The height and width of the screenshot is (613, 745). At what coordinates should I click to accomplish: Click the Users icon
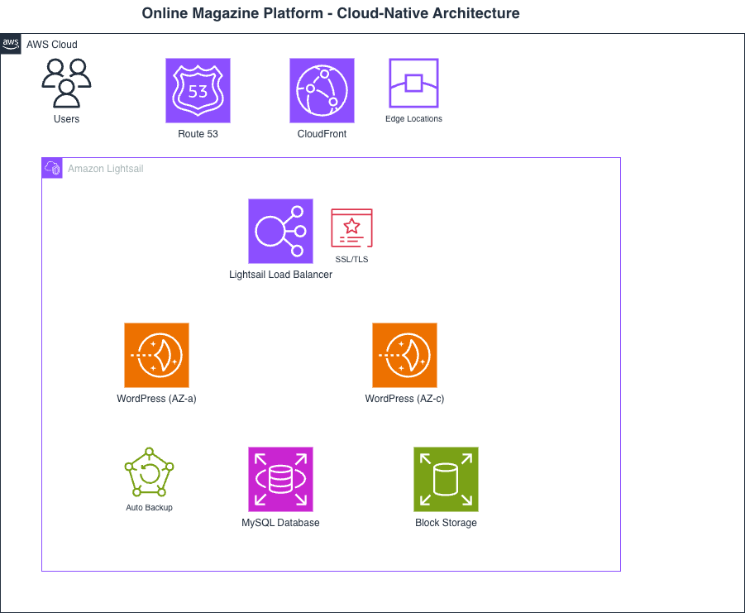pyautogui.click(x=66, y=84)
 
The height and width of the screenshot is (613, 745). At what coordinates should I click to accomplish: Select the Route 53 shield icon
pyautogui.click(x=198, y=90)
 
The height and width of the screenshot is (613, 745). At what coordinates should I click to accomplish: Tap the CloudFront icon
pyautogui.click(x=322, y=90)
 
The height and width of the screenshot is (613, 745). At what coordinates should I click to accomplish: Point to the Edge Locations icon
pyautogui.click(x=413, y=84)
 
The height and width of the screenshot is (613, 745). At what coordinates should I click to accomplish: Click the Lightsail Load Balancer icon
pyautogui.click(x=280, y=231)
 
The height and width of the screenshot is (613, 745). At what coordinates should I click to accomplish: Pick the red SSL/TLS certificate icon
pyautogui.click(x=351, y=227)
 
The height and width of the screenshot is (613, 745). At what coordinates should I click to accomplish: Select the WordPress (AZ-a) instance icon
pyautogui.click(x=156, y=355)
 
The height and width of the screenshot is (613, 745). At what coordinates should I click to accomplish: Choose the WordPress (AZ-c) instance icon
pyautogui.click(x=404, y=355)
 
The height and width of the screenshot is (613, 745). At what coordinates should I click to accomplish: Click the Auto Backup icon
pyautogui.click(x=149, y=472)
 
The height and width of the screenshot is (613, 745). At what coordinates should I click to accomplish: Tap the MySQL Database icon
pyautogui.click(x=280, y=479)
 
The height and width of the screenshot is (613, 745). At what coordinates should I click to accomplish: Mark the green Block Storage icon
pyautogui.click(x=446, y=479)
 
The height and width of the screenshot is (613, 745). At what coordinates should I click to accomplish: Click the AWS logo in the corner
pyautogui.click(x=11, y=44)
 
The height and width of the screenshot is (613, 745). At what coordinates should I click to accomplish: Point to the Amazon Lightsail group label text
pyautogui.click(x=105, y=169)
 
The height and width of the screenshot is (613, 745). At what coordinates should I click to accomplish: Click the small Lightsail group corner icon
pyautogui.click(x=52, y=168)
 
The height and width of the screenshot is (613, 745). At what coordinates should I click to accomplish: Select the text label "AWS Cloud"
pyautogui.click(x=52, y=45)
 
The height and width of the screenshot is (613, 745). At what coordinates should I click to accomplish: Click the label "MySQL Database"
pyautogui.click(x=280, y=523)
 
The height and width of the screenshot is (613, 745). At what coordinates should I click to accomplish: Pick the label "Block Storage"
pyautogui.click(x=446, y=523)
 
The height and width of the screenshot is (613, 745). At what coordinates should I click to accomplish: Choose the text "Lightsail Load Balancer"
pyautogui.click(x=280, y=275)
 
